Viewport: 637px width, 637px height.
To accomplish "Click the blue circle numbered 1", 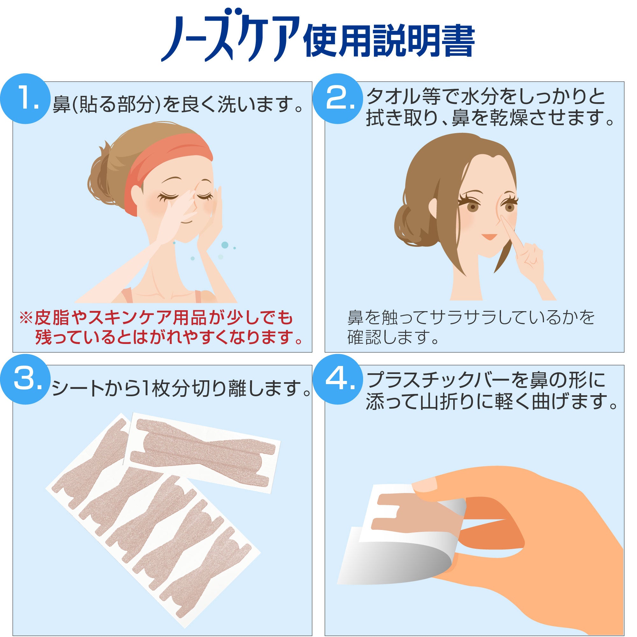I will pos(25,99).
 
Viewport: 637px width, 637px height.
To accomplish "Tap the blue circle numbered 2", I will pos(338,99).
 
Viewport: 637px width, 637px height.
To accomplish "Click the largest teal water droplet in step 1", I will pos(225,245).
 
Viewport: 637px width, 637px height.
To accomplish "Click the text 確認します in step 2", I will pos(392,337).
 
